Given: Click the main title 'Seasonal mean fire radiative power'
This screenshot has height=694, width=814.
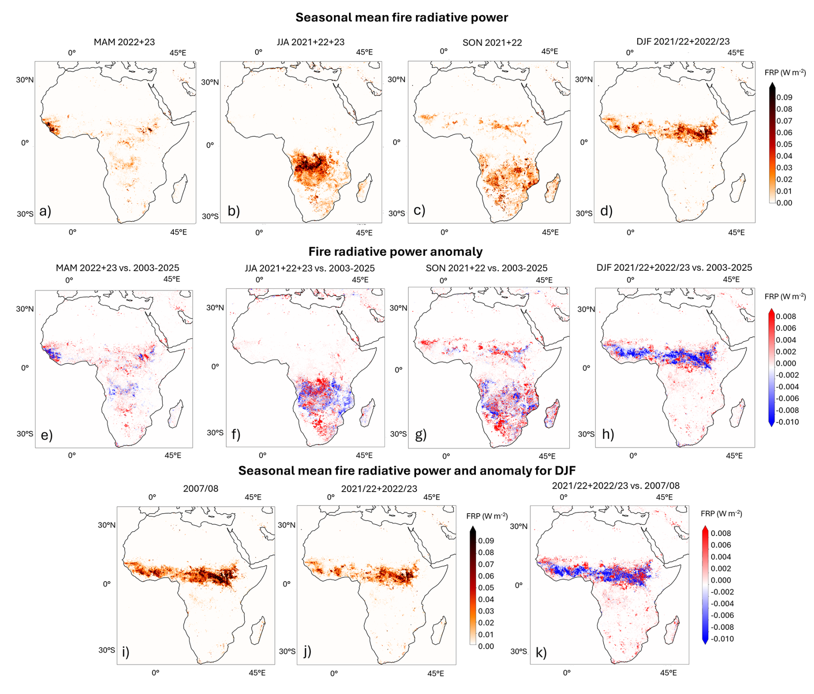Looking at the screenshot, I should [x=401, y=18].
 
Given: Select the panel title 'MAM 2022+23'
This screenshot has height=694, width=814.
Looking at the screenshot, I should [x=124, y=42].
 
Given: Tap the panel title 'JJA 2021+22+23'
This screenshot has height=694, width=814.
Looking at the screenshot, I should [x=311, y=42].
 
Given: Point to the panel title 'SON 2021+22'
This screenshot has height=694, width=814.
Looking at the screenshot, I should [x=492, y=43].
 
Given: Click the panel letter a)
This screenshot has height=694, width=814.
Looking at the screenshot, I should [x=45, y=211].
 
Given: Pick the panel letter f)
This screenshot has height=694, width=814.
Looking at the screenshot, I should [x=236, y=434].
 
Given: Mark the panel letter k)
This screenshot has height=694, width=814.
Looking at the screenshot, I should [x=541, y=653].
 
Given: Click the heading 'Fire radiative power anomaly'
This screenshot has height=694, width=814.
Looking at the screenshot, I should [x=395, y=251].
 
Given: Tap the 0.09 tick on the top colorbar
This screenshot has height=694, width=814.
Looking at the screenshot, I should [x=784, y=97].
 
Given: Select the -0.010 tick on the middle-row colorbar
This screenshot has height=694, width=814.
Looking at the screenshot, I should [x=787, y=422].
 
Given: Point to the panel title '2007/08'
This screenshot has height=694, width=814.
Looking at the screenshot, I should [x=200, y=489].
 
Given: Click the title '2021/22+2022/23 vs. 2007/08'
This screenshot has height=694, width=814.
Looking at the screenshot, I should [x=616, y=486].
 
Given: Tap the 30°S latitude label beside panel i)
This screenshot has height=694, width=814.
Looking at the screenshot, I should [x=107, y=650].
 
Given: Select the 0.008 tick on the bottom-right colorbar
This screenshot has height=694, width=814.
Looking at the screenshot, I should [x=721, y=533].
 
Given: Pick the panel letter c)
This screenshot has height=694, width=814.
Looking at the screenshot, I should [x=419, y=211].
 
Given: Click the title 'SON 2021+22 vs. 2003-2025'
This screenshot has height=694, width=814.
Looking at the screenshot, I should [x=487, y=268].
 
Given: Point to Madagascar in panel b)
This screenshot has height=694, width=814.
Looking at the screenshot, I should [x=364, y=188].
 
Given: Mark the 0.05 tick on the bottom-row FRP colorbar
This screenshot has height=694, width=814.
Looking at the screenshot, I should [x=486, y=588].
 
